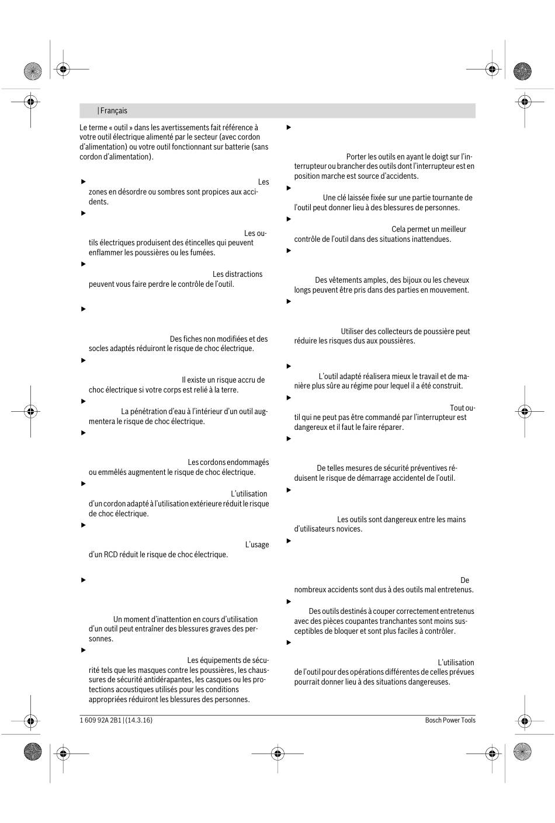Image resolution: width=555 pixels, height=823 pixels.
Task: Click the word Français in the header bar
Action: click(113, 111)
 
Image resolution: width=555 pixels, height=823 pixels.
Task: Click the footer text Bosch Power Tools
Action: click(450, 720)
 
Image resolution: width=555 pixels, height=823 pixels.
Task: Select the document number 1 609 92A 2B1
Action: click(100, 720)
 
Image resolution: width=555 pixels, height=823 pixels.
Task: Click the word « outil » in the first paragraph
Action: click(120, 127)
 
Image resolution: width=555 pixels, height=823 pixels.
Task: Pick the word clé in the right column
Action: click(344, 198)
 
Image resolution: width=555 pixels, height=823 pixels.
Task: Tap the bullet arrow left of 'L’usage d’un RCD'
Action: click(83, 525)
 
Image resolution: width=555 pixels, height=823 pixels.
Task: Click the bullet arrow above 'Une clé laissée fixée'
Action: click(289, 188)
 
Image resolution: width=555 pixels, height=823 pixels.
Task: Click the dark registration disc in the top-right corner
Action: click(522, 71)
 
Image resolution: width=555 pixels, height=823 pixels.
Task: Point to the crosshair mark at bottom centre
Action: click(277, 753)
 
